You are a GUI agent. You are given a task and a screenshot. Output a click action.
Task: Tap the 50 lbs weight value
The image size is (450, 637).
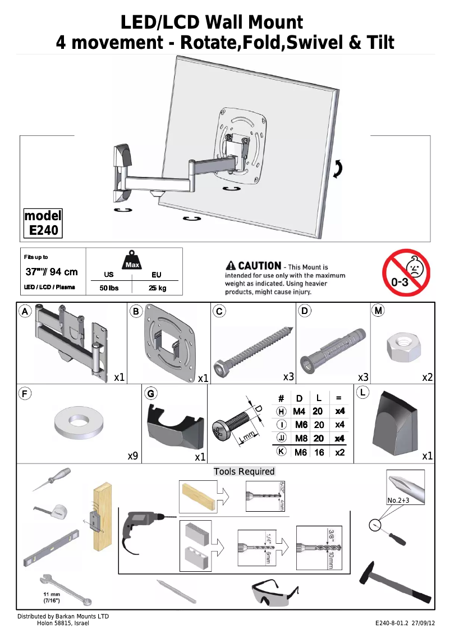tap(109, 289)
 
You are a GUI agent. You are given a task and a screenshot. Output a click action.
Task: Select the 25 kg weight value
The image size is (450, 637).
tap(157, 289)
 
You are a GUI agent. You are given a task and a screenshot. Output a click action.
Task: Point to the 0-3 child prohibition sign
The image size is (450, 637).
tap(406, 273)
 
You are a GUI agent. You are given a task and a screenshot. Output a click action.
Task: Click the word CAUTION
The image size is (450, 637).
tap(259, 266)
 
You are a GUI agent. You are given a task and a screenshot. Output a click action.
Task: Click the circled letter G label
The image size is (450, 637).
tap(151, 393)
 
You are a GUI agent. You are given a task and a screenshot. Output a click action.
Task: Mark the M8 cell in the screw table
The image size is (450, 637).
tap(301, 438)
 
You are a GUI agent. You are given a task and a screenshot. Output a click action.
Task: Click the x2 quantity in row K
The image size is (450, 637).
tap(339, 452)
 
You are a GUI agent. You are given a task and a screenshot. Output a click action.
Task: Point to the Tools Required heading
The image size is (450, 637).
tap(244, 471)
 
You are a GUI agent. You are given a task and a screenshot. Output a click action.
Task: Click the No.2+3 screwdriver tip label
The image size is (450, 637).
tap(398, 500)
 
